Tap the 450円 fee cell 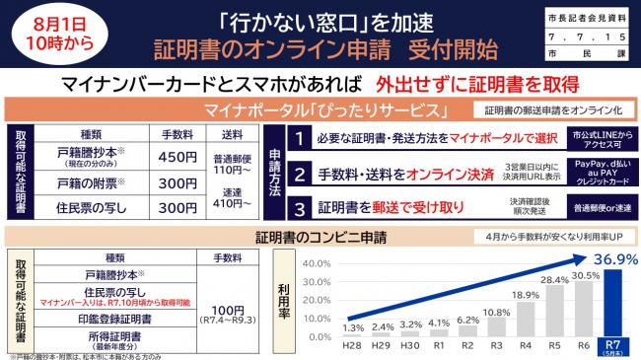(x=178, y=156)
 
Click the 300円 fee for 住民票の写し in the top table (x=178, y=208)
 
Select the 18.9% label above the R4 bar (x=526, y=294)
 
